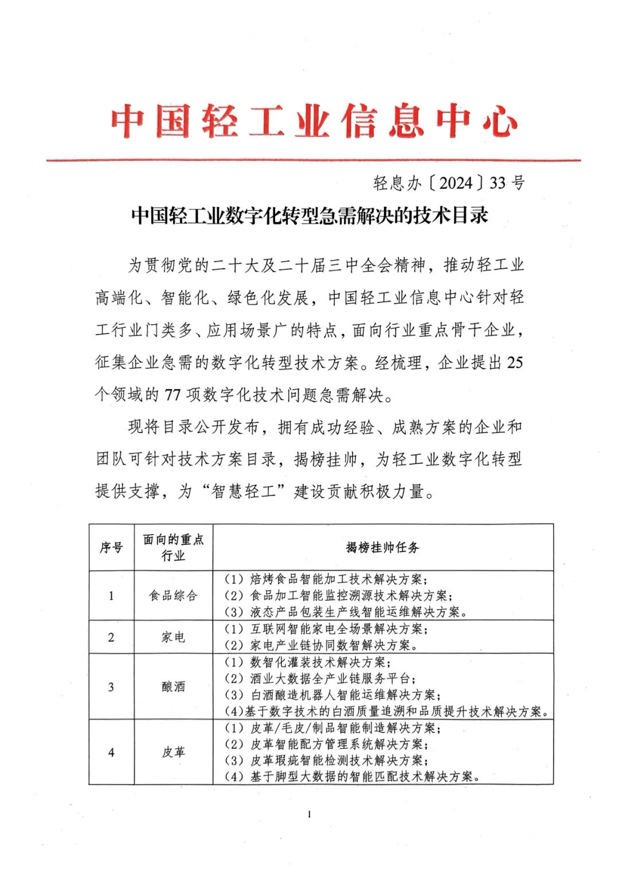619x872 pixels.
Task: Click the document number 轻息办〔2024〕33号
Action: [448, 183]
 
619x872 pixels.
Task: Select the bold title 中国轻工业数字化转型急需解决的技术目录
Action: [309, 216]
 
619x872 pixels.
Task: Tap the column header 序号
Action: [111, 548]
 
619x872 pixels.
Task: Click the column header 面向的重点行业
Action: [173, 548]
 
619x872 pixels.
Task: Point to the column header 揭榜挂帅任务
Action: [382, 548]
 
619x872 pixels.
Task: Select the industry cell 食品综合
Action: [173, 596]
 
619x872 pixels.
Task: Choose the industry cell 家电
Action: [173, 637]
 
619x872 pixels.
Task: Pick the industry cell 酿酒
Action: [173, 686]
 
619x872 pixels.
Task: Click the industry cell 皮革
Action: [173, 752]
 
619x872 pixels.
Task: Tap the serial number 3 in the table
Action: [111, 686]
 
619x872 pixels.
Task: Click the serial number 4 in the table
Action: [111, 752]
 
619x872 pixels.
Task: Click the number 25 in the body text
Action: [515, 363]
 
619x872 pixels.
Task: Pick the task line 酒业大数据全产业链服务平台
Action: [331, 678]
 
